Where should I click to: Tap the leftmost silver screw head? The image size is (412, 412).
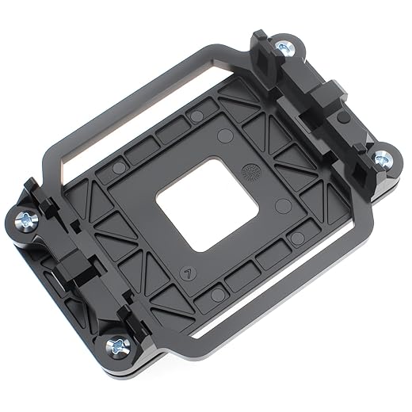pyautogui.click(x=25, y=219)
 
